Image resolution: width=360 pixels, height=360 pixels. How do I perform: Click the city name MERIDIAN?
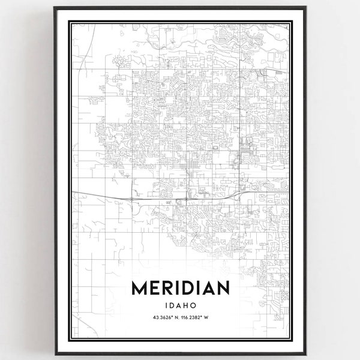[180, 289]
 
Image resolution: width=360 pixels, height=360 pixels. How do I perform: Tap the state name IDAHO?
[180, 305]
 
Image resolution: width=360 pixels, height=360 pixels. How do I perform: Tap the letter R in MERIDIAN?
[169, 289]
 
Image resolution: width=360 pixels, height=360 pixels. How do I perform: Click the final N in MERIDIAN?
[223, 289]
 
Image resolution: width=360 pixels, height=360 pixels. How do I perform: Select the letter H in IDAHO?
[186, 305]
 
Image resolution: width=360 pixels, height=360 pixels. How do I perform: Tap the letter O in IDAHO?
[194, 305]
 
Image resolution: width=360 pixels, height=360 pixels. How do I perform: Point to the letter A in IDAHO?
[178, 305]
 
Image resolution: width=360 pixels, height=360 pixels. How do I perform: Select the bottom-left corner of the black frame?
[55, 354]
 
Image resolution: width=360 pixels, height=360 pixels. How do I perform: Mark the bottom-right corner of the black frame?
[306, 354]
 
